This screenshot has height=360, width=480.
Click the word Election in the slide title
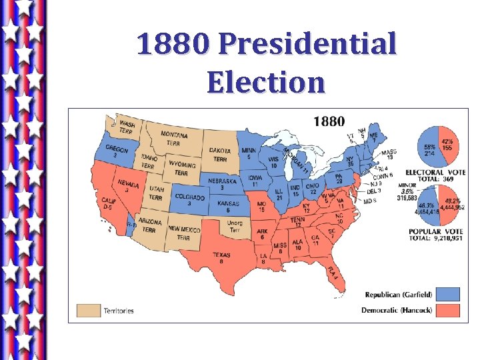(265, 83)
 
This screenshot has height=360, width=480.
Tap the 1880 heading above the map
(329, 122)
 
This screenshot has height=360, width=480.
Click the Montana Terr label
(174, 139)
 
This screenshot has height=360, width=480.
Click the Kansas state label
(229, 205)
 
